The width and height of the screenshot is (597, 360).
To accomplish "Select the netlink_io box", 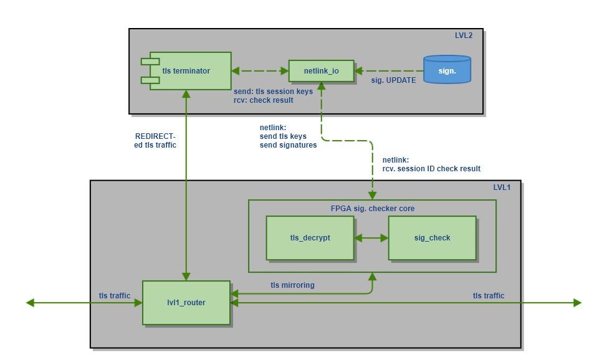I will (x=321, y=71).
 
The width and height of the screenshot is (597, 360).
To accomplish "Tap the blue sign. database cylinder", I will (x=447, y=70).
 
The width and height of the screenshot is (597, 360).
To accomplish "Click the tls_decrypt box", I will (x=310, y=238).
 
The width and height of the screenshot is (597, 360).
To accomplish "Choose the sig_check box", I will (x=432, y=238).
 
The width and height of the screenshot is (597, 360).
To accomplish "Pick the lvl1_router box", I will (x=186, y=303).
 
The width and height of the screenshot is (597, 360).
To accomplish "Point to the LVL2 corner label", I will (x=464, y=36).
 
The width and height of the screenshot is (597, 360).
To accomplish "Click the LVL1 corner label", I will (x=502, y=187).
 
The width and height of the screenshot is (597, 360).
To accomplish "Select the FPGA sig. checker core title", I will (x=372, y=208).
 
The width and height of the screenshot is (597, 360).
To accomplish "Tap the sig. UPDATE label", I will (x=394, y=80).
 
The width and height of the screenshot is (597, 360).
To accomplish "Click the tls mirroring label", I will (x=292, y=285).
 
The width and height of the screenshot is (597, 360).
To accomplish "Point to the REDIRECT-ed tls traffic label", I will (x=155, y=141).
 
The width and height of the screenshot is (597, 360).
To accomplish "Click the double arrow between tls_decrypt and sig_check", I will (x=371, y=238).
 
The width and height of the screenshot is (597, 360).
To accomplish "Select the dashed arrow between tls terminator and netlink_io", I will (x=260, y=71).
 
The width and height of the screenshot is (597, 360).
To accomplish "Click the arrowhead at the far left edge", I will (x=29, y=303).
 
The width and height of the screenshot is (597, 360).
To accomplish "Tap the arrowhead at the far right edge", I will (x=578, y=303).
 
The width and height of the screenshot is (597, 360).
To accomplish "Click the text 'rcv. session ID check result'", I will (x=431, y=169).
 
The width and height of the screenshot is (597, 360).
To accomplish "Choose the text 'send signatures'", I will (x=288, y=145).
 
